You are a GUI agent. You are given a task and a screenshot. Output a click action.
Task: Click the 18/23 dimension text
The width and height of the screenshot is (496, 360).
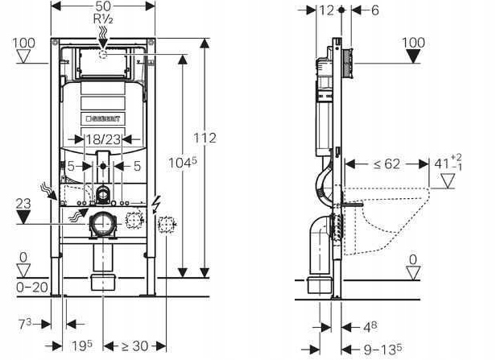click(102, 139)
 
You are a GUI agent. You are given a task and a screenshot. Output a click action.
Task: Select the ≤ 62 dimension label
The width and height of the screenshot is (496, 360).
click(386, 163)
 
